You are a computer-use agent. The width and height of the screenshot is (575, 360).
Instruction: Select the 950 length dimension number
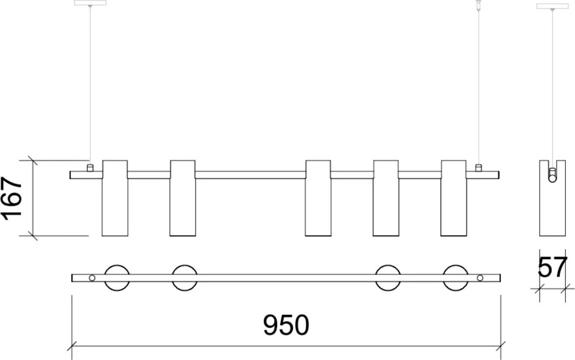pyautogui.click(x=286, y=325)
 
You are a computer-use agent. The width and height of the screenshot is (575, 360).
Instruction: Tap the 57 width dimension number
pyautogui.click(x=552, y=267)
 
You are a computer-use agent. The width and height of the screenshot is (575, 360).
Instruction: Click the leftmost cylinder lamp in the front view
pyautogui.click(x=115, y=198)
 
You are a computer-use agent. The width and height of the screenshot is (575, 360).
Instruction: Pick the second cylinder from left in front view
pyautogui.click(x=183, y=198)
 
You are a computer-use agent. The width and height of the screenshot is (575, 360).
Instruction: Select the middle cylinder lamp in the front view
pyautogui.click(x=318, y=198)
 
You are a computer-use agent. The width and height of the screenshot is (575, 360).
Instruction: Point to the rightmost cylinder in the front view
pyautogui.click(x=454, y=198)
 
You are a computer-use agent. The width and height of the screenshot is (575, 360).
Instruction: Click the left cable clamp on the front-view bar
pyautogui.click(x=90, y=168)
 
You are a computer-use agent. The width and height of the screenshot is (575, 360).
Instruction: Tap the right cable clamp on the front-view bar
pyautogui.click(x=478, y=168)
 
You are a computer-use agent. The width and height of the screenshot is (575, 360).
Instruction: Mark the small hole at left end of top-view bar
pyautogui.click(x=92, y=278)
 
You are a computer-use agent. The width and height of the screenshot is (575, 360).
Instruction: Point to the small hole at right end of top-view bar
pyautogui.click(x=480, y=278)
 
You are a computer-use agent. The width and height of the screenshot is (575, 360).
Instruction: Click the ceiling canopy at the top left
pyautogui.click(x=90, y=2)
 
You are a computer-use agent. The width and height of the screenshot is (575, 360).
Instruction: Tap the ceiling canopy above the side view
pyautogui.click(x=552, y=6)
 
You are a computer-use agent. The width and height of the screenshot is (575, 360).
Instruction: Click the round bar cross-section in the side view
pyautogui.click(x=552, y=179)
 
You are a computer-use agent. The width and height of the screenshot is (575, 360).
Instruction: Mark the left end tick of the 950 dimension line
pyautogui.click(x=72, y=345)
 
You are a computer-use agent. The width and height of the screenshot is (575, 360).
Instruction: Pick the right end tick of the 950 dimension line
pyautogui.click(x=501, y=345)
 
